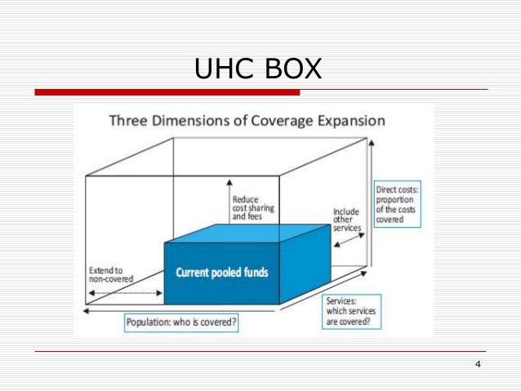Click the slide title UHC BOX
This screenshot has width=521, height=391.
click(258, 69)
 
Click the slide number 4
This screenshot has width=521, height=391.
click(477, 363)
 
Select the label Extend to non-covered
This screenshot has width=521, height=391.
click(110, 274)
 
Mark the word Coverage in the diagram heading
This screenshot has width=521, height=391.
click(274, 122)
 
